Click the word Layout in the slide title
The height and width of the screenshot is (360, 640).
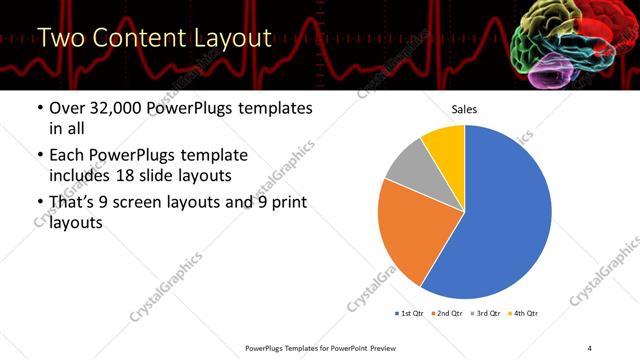(228, 39)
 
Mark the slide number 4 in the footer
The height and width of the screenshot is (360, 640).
(589, 347)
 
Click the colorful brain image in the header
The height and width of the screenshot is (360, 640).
(565, 42)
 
